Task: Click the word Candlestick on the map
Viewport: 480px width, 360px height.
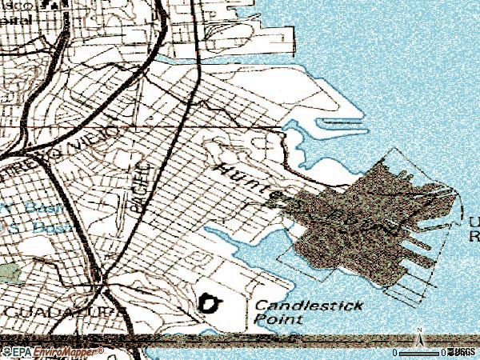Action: click(308, 305)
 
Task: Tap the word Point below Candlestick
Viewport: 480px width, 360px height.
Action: click(278, 318)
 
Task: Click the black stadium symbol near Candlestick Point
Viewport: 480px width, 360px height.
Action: click(211, 303)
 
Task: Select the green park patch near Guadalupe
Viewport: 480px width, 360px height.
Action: click(10, 272)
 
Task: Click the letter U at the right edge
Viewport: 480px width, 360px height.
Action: click(474, 222)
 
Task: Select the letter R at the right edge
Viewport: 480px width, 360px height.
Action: click(474, 236)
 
